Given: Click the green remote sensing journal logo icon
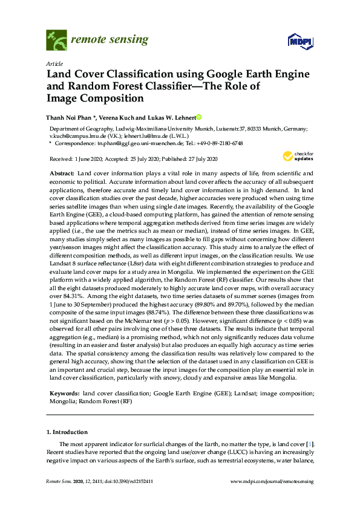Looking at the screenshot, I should (x=56, y=41).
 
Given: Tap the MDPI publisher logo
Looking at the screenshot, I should (x=298, y=41).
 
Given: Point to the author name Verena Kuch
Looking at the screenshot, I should (x=119, y=117).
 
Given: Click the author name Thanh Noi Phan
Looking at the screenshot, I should (x=70, y=117).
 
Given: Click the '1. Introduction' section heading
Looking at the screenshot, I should (x=67, y=432).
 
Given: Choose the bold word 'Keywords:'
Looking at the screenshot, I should (x=64, y=394).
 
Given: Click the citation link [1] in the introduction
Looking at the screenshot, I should (x=312, y=445).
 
